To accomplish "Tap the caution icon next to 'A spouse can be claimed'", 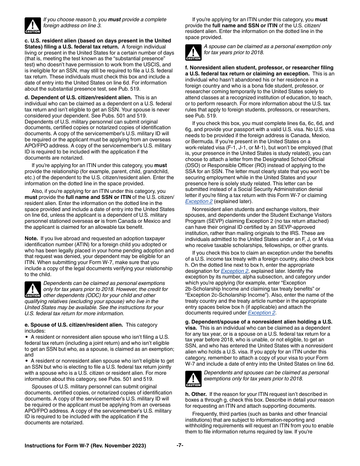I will pyautogui.click(x=193, y=52).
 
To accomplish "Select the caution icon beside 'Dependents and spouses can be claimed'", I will pyautogui.click(x=193, y=378).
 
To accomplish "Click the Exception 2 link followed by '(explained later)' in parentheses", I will pyautogui.click(x=199, y=202).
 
